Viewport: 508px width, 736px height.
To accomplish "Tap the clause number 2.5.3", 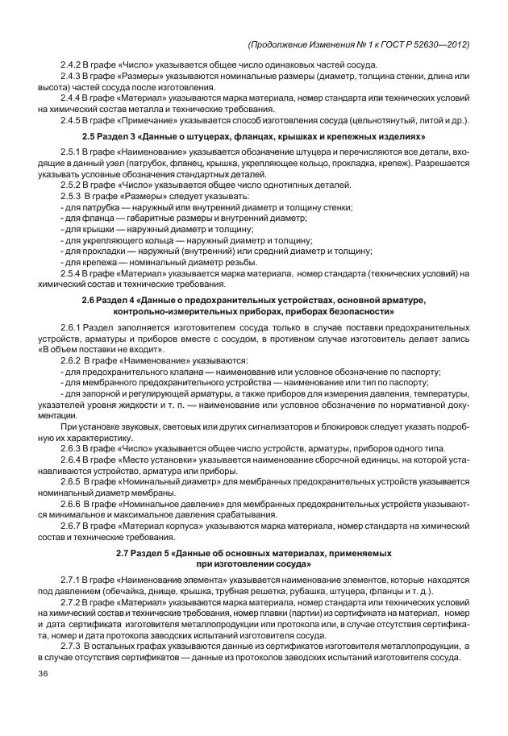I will pyautogui.click(x=73, y=197).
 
